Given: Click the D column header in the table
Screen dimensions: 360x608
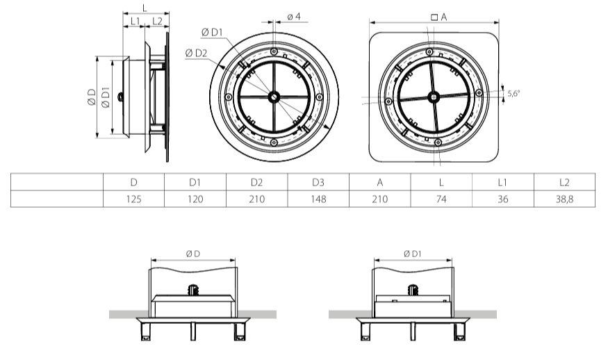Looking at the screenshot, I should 133,182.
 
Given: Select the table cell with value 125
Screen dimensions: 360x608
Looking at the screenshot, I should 133,199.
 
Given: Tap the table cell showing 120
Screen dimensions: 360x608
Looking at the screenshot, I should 195,199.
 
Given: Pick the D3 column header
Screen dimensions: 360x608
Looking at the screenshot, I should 318,182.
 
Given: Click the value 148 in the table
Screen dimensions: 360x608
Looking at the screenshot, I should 318,199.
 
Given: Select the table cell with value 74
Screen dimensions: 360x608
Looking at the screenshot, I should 441,199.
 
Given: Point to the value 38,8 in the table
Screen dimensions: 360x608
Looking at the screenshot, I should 564,199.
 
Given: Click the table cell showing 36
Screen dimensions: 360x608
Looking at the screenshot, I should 503,199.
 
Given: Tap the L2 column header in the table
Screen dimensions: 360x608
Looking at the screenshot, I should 564,182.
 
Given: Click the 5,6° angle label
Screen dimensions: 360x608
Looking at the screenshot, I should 513,93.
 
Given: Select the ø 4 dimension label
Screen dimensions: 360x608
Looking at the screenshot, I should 293,16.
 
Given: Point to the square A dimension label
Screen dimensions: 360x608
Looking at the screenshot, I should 438,16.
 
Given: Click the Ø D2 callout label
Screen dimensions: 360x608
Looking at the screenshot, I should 197,53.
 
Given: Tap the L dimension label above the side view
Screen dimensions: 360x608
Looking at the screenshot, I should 144,6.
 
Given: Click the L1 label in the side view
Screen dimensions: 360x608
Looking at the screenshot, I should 133,21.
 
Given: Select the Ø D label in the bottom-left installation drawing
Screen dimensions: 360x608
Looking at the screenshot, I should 192,254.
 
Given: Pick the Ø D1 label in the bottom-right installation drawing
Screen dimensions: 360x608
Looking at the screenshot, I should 413,254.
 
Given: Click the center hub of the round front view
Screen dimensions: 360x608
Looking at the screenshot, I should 274,97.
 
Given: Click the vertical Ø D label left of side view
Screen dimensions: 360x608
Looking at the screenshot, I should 91,98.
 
